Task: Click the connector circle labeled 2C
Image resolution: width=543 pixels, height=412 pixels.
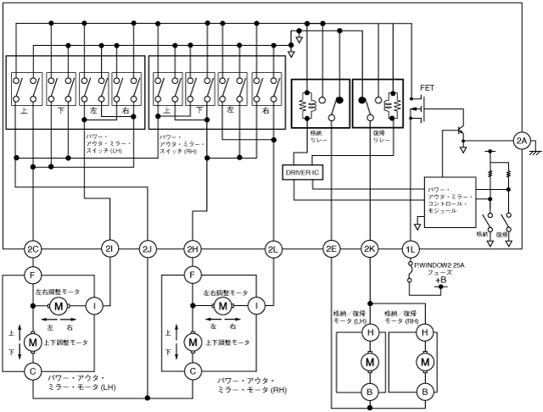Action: coord(33,248)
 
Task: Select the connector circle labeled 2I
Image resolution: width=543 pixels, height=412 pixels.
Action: coord(110,248)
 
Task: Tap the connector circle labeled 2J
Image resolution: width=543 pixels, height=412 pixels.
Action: coord(148,248)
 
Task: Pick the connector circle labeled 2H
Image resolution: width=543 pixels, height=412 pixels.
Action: coord(193,248)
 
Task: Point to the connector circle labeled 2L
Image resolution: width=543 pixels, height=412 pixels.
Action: coord(273,248)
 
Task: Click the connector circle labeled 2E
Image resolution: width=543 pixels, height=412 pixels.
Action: coord(331,248)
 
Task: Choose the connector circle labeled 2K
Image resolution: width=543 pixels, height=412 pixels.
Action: coord(369,248)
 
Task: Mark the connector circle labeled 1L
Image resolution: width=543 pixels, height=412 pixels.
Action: coord(410,248)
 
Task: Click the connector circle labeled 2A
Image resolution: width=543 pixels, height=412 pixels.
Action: coord(521,140)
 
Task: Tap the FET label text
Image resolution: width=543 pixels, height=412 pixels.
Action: coord(427,88)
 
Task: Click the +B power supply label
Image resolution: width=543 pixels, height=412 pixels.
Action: coord(441,280)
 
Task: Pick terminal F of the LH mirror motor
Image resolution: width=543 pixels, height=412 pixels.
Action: coord(33,275)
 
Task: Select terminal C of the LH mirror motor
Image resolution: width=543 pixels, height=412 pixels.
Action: coord(33,370)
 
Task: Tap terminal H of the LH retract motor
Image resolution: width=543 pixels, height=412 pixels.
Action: coord(370,333)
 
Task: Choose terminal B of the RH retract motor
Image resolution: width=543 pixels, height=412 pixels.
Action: coord(423,392)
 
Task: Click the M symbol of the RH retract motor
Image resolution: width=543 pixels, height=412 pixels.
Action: coord(423,362)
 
